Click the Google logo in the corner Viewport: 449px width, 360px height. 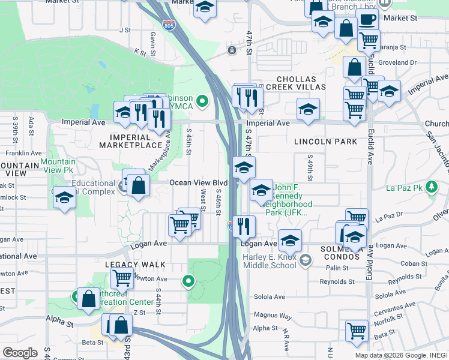(x=20, y=353)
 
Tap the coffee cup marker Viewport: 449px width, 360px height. (x=367, y=19)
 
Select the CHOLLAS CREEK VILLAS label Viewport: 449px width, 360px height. (x=301, y=83)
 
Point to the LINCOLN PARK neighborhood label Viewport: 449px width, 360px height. (x=325, y=142)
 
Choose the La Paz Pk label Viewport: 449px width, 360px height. (x=406, y=188)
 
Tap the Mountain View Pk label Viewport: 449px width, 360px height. (x=58, y=166)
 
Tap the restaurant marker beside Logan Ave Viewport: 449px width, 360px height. (x=244, y=226)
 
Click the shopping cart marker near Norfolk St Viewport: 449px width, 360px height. (x=357, y=330)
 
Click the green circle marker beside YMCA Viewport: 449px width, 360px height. (x=202, y=100)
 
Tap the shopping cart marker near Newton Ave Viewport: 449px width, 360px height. (x=122, y=278)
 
